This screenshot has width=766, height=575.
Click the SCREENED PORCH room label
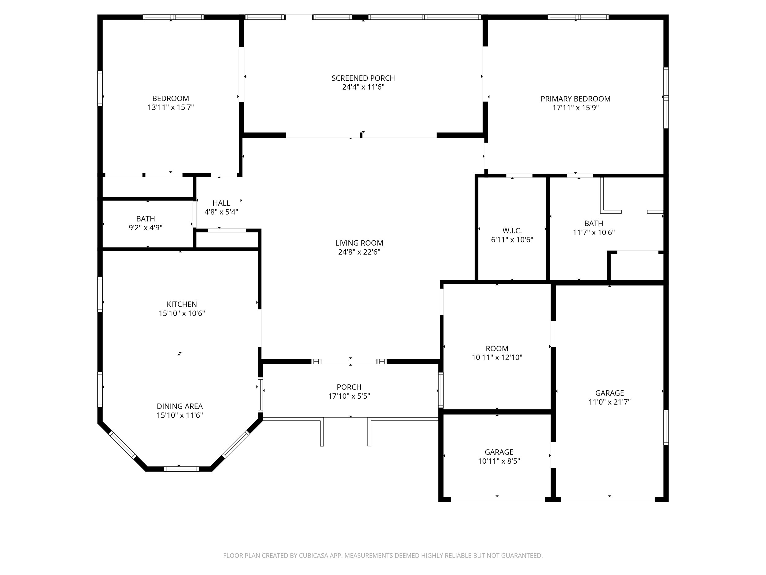coord(363,78)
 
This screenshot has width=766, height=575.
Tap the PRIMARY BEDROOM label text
coord(575,99)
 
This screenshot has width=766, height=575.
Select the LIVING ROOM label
coord(359,243)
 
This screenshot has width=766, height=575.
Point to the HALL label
coord(221,203)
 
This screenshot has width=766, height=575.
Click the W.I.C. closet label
coord(512,231)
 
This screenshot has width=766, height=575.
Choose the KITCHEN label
coord(182,304)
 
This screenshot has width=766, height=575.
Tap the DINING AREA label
coord(180,406)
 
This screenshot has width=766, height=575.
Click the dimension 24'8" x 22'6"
coord(359,252)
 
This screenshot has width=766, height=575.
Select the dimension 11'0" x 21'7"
coord(609,402)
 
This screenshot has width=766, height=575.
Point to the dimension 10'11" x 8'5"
coord(499,461)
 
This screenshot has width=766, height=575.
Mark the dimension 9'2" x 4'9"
coord(146,228)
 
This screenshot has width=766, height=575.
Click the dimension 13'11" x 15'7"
coord(171,107)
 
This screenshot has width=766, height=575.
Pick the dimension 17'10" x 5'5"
coord(349,396)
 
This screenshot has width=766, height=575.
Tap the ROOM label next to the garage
coord(497,348)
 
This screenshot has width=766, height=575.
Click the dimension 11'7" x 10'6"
coord(593,232)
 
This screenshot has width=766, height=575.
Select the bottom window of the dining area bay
coord(181,469)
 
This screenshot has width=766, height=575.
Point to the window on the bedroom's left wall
coord(100,88)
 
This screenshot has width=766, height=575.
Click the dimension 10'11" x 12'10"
coord(497,357)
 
